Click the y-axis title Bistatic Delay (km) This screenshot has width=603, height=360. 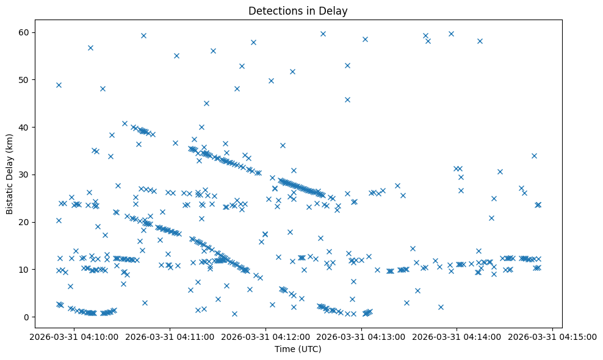(10, 175)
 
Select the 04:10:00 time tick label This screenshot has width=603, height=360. (74, 337)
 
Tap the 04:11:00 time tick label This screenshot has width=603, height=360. (170, 337)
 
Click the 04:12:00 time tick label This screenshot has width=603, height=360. (266, 337)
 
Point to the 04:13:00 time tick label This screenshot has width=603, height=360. (362, 337)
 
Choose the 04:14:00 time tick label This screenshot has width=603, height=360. (457, 337)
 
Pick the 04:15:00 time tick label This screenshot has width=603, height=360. (553, 337)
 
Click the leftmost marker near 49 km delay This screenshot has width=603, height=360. (59, 85)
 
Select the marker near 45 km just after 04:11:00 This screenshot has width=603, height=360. (206, 103)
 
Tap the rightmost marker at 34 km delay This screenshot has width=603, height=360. (534, 156)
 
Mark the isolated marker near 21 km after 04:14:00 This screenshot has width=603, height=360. (491, 218)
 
